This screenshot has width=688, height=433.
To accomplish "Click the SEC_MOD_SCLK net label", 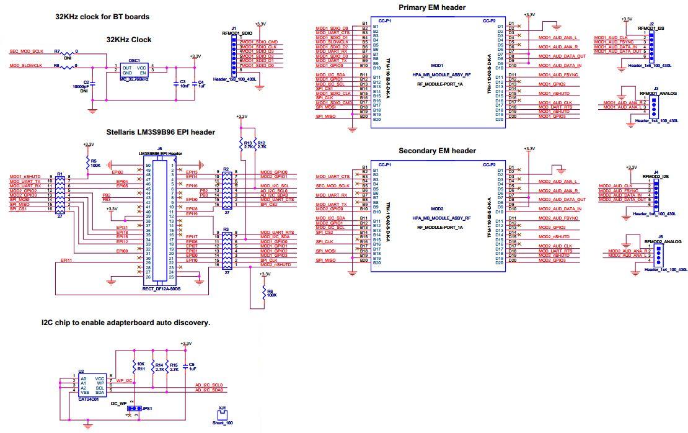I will (26, 51).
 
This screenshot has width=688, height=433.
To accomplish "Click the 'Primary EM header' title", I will (431, 7).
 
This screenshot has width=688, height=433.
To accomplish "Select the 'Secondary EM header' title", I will (437, 151).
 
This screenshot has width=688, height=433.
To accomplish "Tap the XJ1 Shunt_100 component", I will (221, 417).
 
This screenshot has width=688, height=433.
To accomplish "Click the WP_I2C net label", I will (125, 380).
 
